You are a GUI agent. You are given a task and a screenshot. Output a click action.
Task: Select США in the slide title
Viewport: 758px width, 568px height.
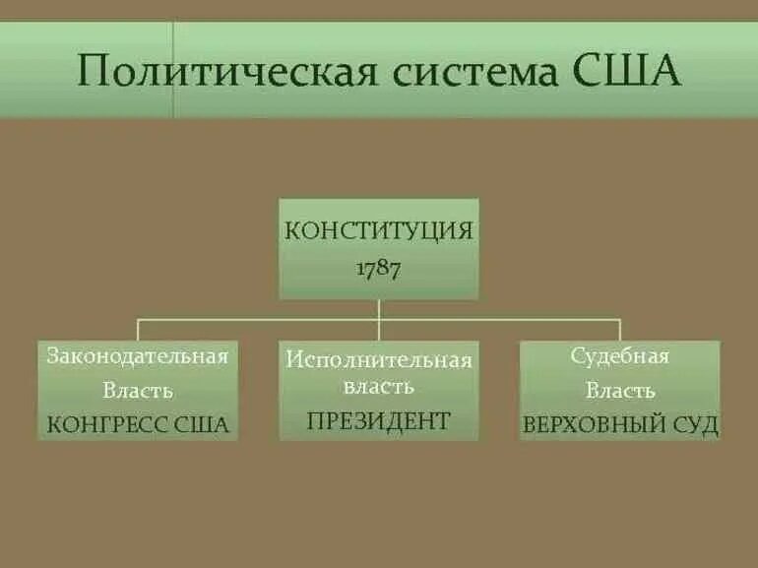click(x=626, y=71)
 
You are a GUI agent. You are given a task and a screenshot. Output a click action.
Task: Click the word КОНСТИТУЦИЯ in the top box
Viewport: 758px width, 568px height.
click(x=379, y=231)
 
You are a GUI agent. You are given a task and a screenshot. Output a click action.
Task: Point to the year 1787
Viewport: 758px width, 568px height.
click(x=379, y=269)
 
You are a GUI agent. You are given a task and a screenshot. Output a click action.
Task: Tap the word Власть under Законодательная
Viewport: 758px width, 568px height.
click(x=138, y=391)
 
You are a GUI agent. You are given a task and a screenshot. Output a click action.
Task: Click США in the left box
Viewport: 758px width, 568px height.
click(x=202, y=425)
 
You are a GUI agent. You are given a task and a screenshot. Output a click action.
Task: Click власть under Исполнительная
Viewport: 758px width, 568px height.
click(x=379, y=387)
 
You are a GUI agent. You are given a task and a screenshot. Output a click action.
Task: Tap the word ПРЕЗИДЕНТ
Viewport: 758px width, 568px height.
click(x=379, y=421)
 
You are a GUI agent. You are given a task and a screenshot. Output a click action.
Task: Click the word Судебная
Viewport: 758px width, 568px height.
click(x=620, y=356)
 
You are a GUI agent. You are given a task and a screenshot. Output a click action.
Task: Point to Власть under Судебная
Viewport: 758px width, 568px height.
click(x=620, y=391)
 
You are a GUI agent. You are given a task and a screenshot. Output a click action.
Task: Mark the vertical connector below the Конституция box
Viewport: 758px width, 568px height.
click(x=379, y=309)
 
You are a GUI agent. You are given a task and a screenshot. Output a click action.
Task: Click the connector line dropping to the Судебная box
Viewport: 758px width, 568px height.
click(x=620, y=330)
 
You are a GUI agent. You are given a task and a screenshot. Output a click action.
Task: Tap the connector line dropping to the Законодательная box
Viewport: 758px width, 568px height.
click(x=138, y=330)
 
